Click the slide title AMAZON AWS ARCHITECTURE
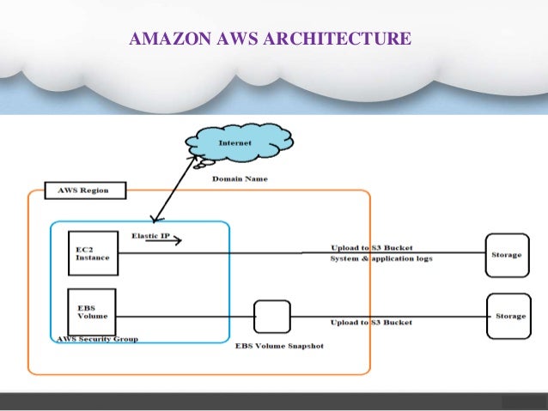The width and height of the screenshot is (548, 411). [269, 39]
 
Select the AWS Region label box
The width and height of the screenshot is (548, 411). [82, 190]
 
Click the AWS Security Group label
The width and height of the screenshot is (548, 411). [97, 339]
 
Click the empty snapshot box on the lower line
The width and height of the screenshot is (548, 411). [272, 316]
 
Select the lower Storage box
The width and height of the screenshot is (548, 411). [508, 316]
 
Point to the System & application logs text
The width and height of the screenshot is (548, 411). [381, 258]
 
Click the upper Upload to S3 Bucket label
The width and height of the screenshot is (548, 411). [371, 248]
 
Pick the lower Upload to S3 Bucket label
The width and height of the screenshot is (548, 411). [371, 323]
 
